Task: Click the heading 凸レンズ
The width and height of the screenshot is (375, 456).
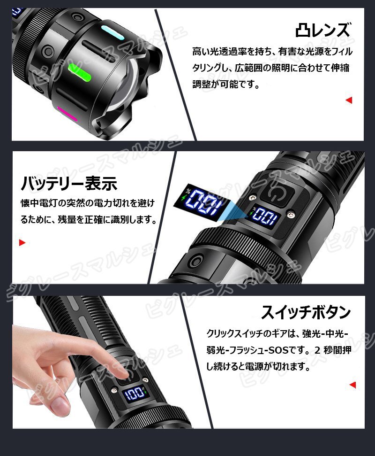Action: coord(323,31)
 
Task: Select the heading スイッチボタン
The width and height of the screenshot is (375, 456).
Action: coord(306,312)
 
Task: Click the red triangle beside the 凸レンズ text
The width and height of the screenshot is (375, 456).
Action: coord(348,100)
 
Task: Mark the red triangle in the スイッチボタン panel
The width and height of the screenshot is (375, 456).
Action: coord(352,385)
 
